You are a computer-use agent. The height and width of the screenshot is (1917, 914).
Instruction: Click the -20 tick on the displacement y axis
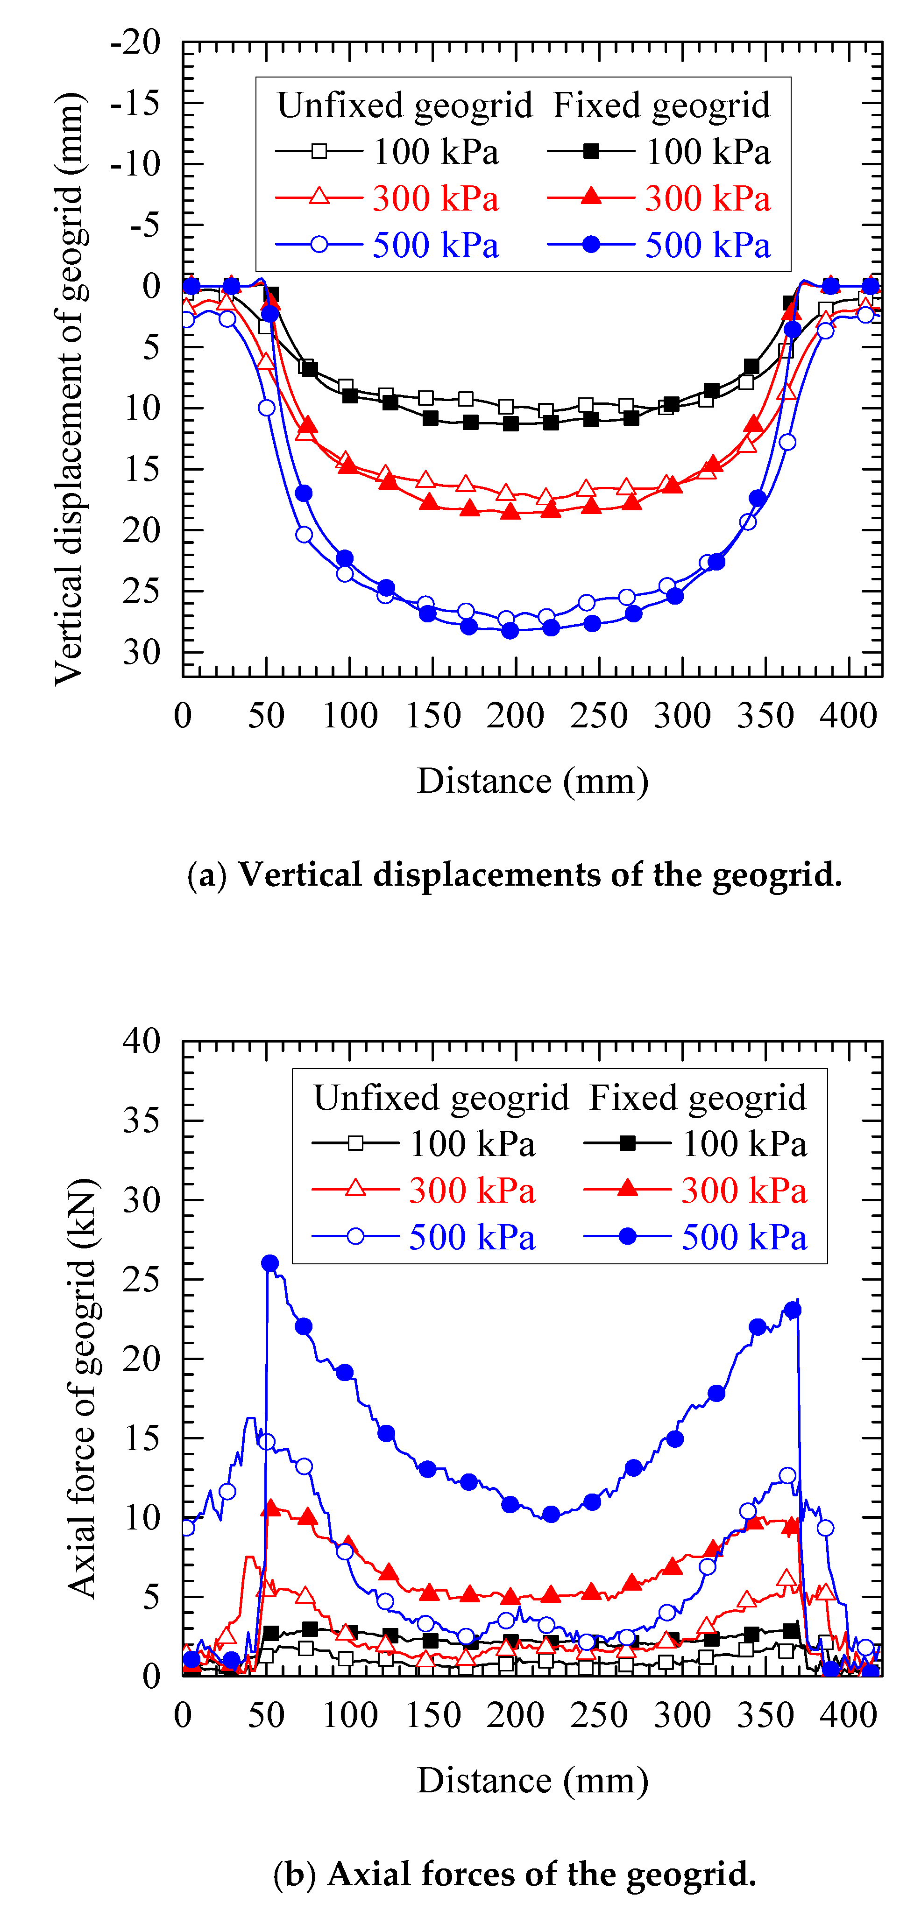coord(135,42)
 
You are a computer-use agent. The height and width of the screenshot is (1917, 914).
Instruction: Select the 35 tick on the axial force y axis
coord(142,1120)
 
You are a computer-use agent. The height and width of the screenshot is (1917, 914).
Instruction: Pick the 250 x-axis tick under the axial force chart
coord(599,1714)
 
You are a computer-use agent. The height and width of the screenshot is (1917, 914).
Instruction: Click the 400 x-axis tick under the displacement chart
coord(849,716)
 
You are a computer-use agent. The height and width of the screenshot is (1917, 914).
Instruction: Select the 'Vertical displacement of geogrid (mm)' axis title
coord(70,387)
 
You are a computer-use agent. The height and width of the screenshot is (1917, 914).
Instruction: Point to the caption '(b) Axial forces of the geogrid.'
coord(514,1873)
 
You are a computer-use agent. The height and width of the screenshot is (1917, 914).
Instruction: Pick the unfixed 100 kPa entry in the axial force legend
coord(424,1143)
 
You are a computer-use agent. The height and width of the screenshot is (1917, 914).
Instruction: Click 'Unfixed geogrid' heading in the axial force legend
coord(441,1098)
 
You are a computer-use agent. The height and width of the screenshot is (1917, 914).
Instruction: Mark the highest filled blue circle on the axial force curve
coord(270,1263)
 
